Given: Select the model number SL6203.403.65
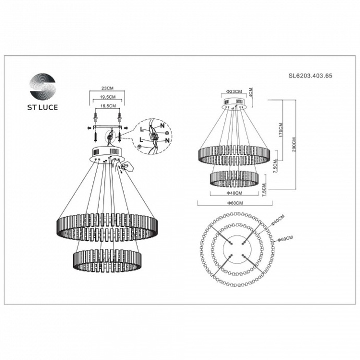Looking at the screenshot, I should tap(310, 76).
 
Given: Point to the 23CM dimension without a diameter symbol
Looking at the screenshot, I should tap(107, 89).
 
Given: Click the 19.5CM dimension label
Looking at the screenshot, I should tap(107, 98).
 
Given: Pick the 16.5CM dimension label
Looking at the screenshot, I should tap(107, 106).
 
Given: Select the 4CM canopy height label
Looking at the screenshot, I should tap(251, 92).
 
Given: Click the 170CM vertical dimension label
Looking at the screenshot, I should tap(281, 129).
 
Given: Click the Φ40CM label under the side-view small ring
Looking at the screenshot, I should tap(233, 193).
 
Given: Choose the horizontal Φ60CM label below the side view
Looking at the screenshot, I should tap(233, 203).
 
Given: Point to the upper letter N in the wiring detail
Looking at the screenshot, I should tap(162, 126).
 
